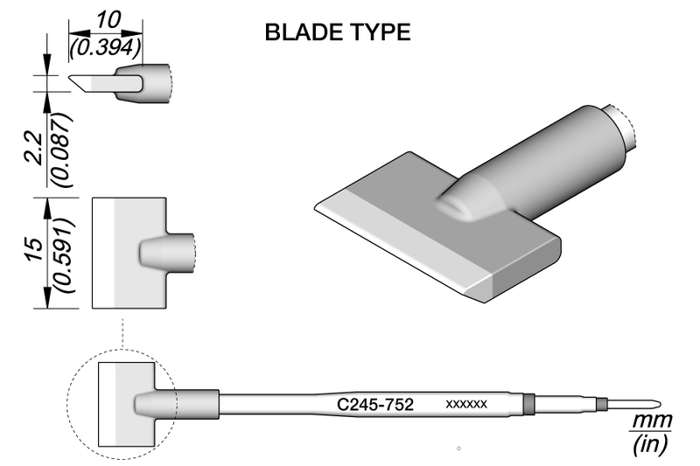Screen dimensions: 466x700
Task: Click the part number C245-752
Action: (375, 405)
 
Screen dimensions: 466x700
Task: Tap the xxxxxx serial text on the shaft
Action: (465, 405)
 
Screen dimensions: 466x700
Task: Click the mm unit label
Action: (651, 421)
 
